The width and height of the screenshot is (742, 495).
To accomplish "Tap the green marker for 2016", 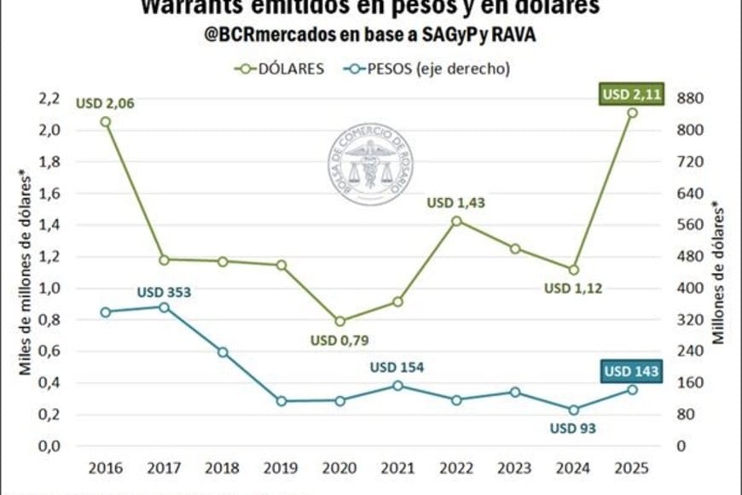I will pyautogui.click(x=105, y=122).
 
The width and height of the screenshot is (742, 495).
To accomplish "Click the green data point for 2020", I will pyautogui.click(x=339, y=322).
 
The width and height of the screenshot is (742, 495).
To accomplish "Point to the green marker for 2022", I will pyautogui.click(x=456, y=221).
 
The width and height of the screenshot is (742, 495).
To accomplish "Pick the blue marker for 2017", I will pyautogui.click(x=164, y=307).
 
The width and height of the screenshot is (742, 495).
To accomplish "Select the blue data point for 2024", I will pyautogui.click(x=573, y=410).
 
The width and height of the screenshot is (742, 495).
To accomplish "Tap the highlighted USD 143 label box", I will pyautogui.click(x=632, y=371).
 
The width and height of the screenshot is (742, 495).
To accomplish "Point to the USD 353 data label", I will pyautogui.click(x=164, y=293).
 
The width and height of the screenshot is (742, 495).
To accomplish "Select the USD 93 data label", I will pyautogui.click(x=572, y=428).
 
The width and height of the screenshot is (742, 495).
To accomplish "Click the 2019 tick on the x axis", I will pyautogui.click(x=281, y=469).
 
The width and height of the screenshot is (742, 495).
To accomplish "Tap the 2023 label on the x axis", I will pyautogui.click(x=515, y=469).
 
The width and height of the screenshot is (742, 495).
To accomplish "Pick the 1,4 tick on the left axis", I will pyautogui.click(x=49, y=225).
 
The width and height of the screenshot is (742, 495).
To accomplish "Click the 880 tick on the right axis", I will pyautogui.click(x=687, y=98).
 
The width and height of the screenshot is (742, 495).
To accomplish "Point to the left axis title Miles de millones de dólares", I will pyautogui.click(x=26, y=274).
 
